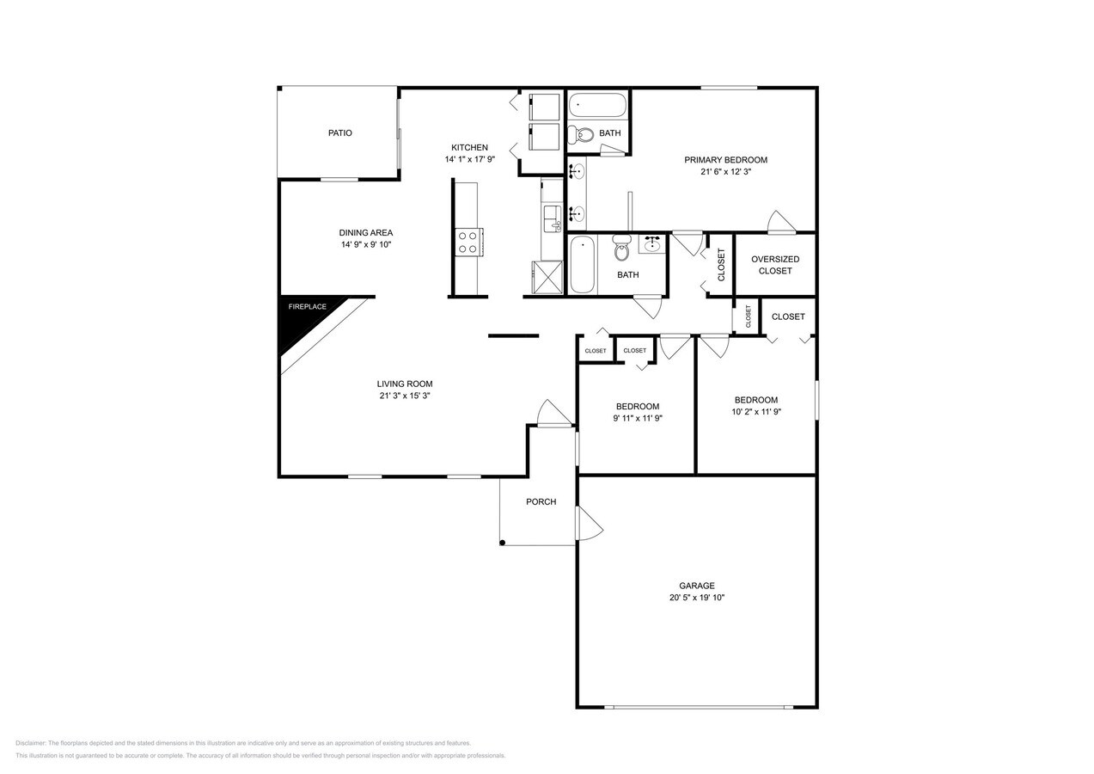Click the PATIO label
tap(339, 133)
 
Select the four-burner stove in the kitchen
tap(468, 242)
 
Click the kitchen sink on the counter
tap(551, 214)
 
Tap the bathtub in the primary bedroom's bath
tap(596, 105)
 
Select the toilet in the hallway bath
tap(622, 249)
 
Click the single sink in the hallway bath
tap(651, 243)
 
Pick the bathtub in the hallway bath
tap(584, 264)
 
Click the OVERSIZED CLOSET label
tap(774, 265)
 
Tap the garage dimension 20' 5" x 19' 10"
tap(696, 598)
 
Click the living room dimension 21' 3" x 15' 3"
tap(404, 396)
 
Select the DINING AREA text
tap(365, 232)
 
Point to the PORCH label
tap(541, 502)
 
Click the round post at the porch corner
tap(503, 543)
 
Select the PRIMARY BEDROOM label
tap(725, 160)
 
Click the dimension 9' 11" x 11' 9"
tap(637, 419)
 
